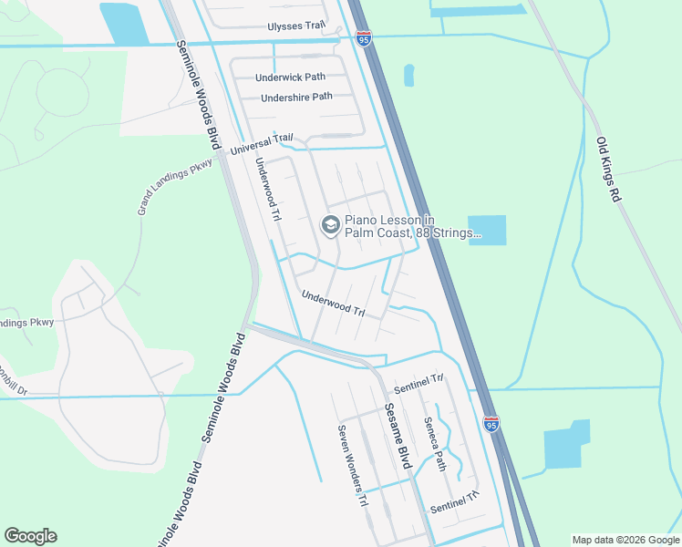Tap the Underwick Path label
pos(290,77)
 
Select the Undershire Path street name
pos(296,98)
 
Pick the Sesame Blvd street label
pos(398,436)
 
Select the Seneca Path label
pos(434,444)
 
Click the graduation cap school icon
pos(330,224)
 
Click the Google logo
pos(30,536)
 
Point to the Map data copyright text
pos(625,540)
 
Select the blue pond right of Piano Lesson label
pos(487,231)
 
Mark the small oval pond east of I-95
pos(408,76)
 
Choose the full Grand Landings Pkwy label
pos(174,187)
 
